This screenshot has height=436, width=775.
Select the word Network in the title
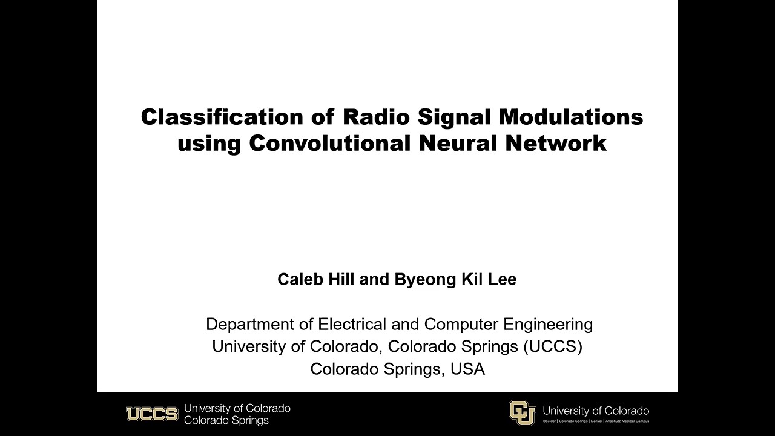pyautogui.click(x=562, y=144)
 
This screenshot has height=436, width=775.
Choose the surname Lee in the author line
pyautogui.click(x=502, y=279)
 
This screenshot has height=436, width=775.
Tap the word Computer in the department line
pyautogui.click(x=458, y=324)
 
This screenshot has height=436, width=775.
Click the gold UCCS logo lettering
pyautogui.click(x=152, y=414)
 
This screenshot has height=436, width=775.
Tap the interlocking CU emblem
pyautogui.click(x=522, y=413)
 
